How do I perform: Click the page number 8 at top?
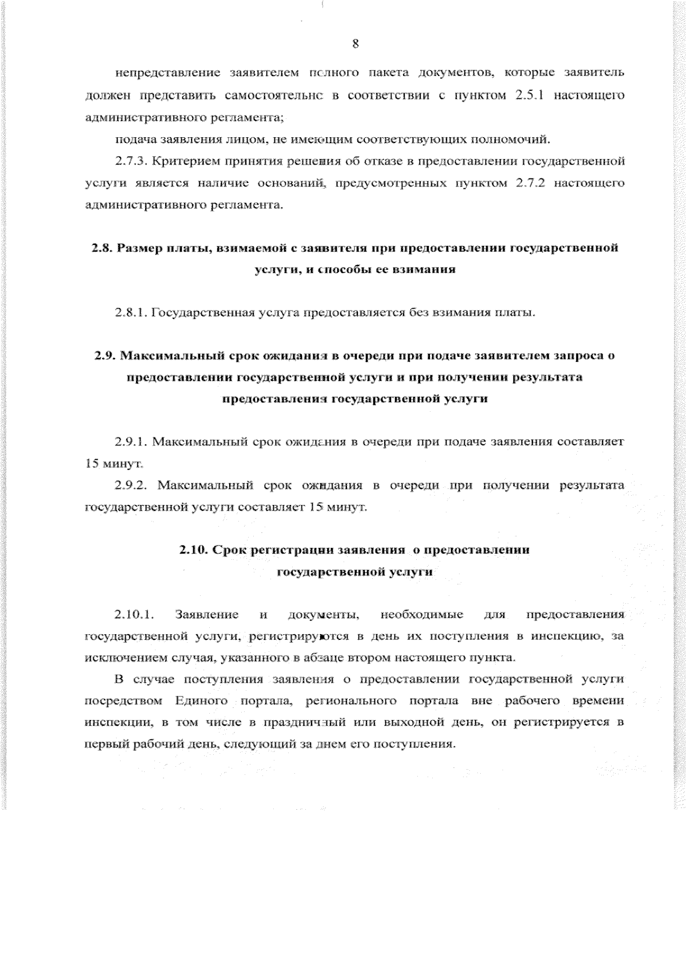point(355,45)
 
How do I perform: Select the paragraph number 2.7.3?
point(131,161)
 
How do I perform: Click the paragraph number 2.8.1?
point(131,313)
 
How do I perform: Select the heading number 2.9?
point(105,355)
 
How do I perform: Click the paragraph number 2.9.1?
point(131,441)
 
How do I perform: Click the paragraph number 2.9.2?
point(131,485)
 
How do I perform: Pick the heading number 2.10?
point(192,550)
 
